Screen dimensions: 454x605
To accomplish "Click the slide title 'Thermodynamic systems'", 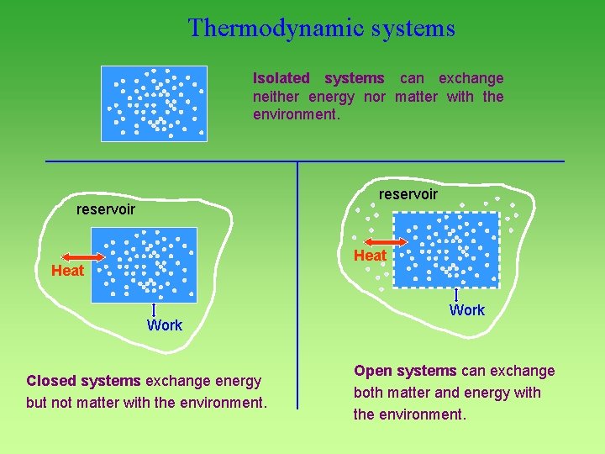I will [322, 29].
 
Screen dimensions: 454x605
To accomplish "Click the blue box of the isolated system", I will [154, 103].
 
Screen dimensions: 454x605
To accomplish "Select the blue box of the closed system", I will [151, 264].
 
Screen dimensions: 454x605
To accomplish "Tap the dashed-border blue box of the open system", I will [446, 250].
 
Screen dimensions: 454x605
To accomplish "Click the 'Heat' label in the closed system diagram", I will [67, 271].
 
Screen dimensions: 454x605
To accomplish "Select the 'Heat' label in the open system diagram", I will [370, 256].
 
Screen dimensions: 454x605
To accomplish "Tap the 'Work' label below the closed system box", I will [164, 325].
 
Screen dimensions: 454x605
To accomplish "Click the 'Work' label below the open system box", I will [466, 310].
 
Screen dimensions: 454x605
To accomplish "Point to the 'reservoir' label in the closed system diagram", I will [106, 209].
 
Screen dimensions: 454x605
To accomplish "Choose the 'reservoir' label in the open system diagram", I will [408, 194].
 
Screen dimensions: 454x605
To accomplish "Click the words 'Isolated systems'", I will [318, 78].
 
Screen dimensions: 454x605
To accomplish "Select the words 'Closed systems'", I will [83, 381].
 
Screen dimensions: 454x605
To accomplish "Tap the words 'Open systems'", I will [404, 371].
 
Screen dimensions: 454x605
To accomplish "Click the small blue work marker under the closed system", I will [155, 310].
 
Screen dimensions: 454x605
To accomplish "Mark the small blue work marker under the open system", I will [456, 295].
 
